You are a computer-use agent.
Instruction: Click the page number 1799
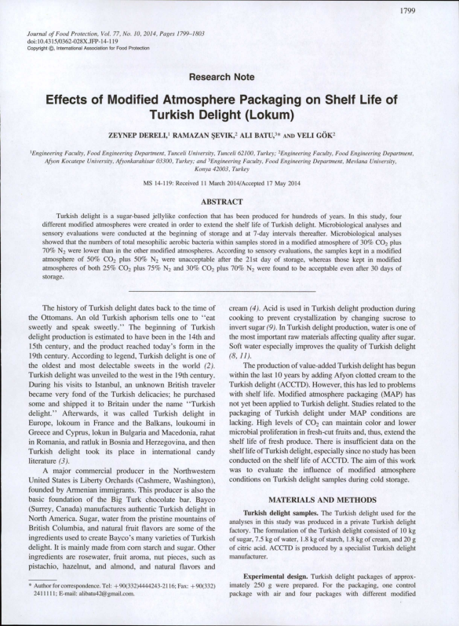pos(428,10)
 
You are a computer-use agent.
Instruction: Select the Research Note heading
pos(228,77)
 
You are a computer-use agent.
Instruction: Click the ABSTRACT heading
pos(228,202)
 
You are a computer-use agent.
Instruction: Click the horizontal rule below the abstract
pos(228,291)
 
